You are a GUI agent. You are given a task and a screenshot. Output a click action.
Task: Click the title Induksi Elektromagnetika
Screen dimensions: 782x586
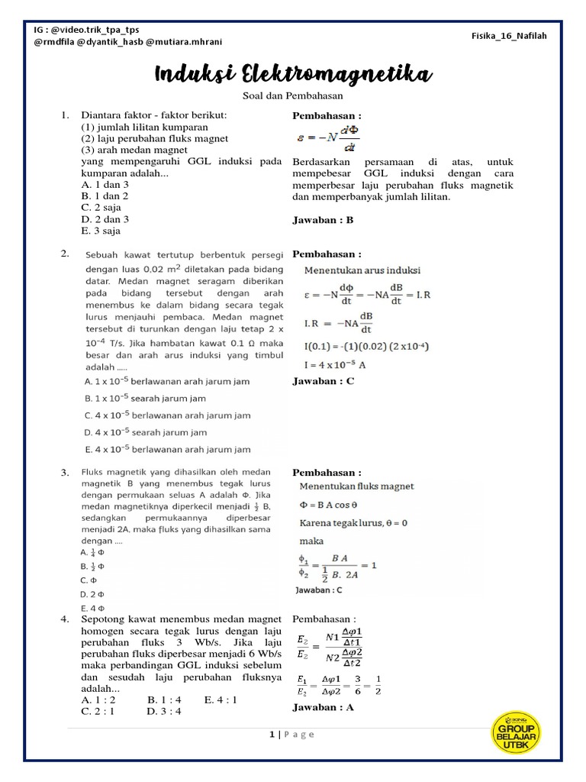(x=294, y=75)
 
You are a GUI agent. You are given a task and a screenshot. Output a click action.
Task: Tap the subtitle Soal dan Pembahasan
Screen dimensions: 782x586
(x=293, y=96)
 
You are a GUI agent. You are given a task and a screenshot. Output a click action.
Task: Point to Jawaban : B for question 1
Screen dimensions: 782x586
(x=324, y=220)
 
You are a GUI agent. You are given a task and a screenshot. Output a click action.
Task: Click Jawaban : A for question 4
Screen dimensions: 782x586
(x=324, y=707)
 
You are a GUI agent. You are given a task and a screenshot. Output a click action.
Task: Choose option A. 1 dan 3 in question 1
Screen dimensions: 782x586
(x=105, y=184)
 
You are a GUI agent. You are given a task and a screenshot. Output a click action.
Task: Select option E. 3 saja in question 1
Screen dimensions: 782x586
(x=101, y=231)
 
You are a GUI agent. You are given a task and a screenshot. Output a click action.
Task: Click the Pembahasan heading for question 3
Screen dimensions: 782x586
(x=327, y=473)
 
